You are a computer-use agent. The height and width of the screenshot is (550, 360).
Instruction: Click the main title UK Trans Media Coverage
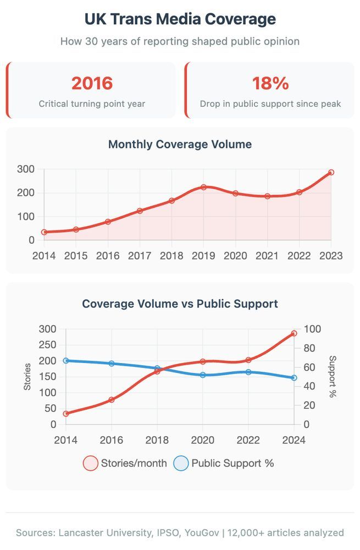180,19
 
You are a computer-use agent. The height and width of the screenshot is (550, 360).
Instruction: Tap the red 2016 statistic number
92,84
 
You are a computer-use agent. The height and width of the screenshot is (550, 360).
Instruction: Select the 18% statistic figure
270,84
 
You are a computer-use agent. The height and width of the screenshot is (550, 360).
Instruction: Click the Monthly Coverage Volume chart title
180,145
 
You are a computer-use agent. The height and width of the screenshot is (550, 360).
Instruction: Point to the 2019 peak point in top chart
203,188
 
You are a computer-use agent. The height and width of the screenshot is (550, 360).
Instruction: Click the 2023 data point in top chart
331,173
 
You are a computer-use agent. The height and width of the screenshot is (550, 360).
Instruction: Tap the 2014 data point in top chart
44,232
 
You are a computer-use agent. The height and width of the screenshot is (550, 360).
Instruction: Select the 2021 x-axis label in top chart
267,256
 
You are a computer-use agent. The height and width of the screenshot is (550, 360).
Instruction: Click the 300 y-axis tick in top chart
25,169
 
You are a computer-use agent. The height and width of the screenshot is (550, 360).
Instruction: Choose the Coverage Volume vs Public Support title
180,304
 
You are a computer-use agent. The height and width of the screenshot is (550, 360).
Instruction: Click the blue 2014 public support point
66,361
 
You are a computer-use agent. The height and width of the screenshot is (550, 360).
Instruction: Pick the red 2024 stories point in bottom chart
294,333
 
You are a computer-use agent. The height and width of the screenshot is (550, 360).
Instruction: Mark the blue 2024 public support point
294,378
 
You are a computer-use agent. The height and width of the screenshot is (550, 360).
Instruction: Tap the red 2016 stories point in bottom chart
112,400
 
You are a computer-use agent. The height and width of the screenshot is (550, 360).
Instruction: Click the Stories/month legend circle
91,463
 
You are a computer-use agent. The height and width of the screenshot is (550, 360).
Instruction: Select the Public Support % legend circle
181,463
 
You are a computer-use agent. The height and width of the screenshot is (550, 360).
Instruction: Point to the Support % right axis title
333,377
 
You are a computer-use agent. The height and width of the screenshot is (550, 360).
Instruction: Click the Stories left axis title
27,377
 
